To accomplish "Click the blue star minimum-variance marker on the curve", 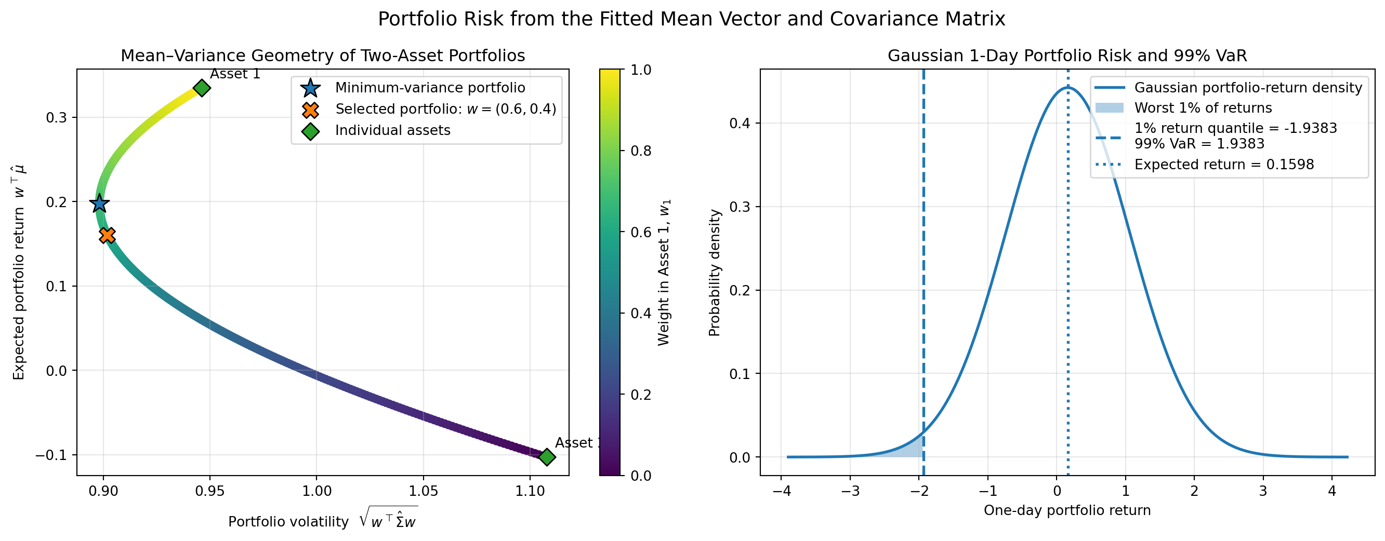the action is [99, 204].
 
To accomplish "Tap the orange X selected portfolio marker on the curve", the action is [108, 235].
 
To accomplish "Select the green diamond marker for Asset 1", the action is [202, 88].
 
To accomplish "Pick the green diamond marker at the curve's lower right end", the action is [547, 457].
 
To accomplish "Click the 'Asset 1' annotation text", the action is [235, 74].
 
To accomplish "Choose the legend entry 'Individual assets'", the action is [392, 130].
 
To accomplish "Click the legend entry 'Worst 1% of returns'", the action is [1203, 108].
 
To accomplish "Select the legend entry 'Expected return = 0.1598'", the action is [1224, 165].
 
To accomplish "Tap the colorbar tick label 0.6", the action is [641, 232].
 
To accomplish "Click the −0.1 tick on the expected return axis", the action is [52, 455].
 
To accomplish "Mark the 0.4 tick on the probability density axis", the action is [740, 124].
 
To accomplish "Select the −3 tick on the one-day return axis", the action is [850, 492].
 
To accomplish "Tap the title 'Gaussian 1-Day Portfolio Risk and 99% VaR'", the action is [1067, 56].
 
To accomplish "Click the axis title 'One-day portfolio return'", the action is [1067, 510].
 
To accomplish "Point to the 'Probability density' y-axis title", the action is [715, 273].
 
